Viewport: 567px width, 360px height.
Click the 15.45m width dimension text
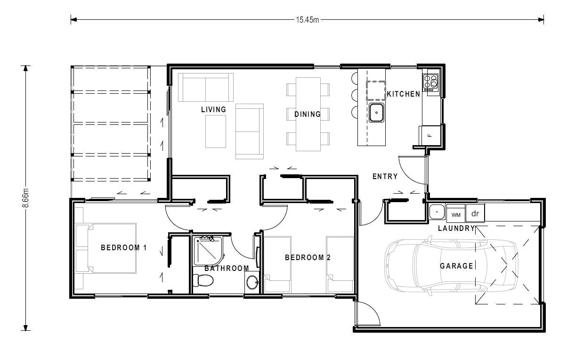[x=307, y=19]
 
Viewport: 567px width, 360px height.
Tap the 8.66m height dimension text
[x=26, y=198]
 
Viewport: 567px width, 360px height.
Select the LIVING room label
[x=213, y=109]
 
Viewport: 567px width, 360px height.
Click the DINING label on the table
[x=307, y=114]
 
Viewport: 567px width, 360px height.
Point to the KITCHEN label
[x=403, y=94]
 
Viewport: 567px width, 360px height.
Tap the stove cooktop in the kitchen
[x=430, y=82]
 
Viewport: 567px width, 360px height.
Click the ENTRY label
[x=385, y=177]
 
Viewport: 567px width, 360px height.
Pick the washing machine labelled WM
[x=455, y=214]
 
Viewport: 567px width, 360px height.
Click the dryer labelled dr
[x=475, y=213]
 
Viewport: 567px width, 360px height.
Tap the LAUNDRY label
[x=456, y=229]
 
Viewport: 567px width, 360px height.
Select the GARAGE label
[x=456, y=266]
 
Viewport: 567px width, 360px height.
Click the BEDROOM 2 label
[x=308, y=258]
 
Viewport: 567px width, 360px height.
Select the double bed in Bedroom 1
[x=106, y=248]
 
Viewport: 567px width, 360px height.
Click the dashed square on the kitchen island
[x=376, y=90]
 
